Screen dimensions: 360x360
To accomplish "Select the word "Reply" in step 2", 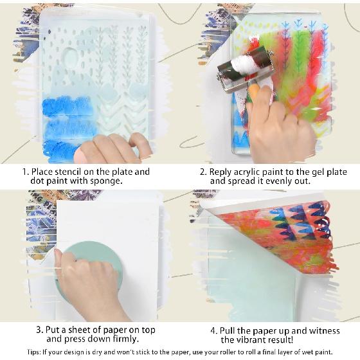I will (x=223, y=172).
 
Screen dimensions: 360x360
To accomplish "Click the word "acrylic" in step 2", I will (x=255, y=172).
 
